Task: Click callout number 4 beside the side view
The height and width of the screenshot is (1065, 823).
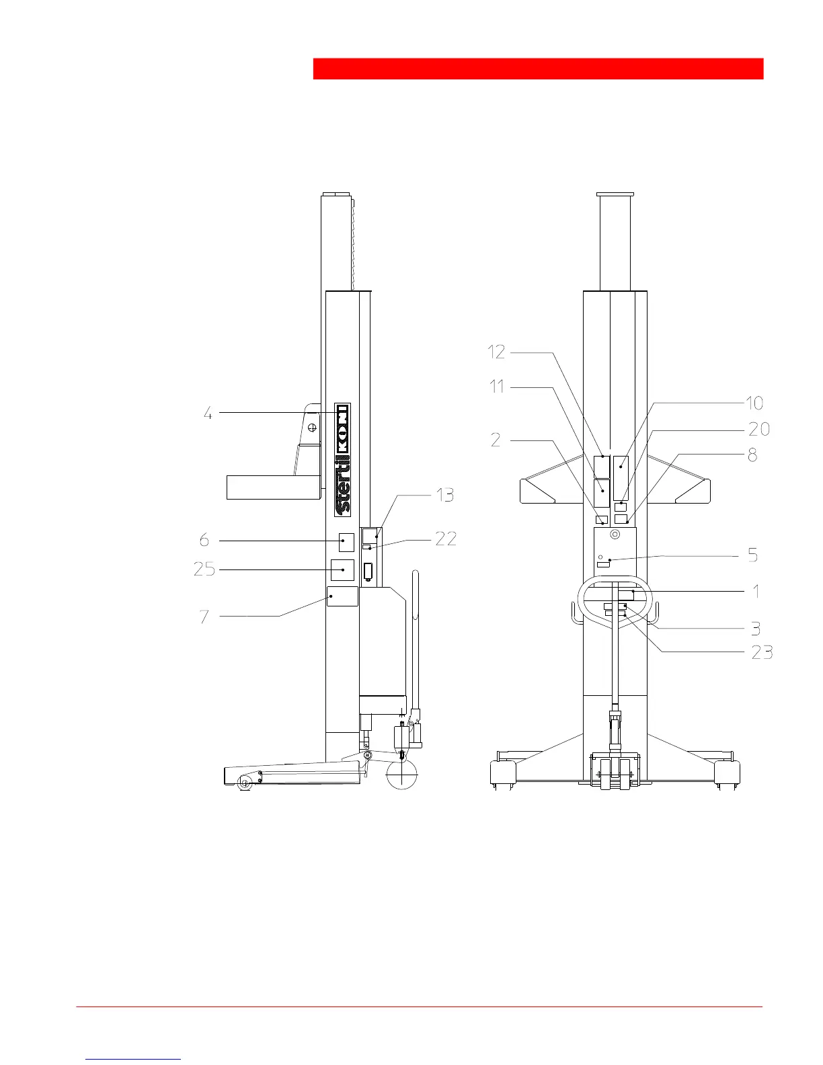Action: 208,413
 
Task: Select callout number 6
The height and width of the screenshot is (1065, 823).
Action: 204,540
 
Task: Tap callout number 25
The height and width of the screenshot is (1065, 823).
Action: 204,569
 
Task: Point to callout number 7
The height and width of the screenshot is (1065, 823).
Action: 204,617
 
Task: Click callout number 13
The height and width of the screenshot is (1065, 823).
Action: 445,495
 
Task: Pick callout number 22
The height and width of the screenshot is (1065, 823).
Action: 446,539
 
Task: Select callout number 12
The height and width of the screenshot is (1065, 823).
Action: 496,352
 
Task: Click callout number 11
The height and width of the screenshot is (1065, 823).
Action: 497,387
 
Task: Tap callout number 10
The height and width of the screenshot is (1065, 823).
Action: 754,403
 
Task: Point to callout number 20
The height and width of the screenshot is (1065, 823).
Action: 759,430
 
